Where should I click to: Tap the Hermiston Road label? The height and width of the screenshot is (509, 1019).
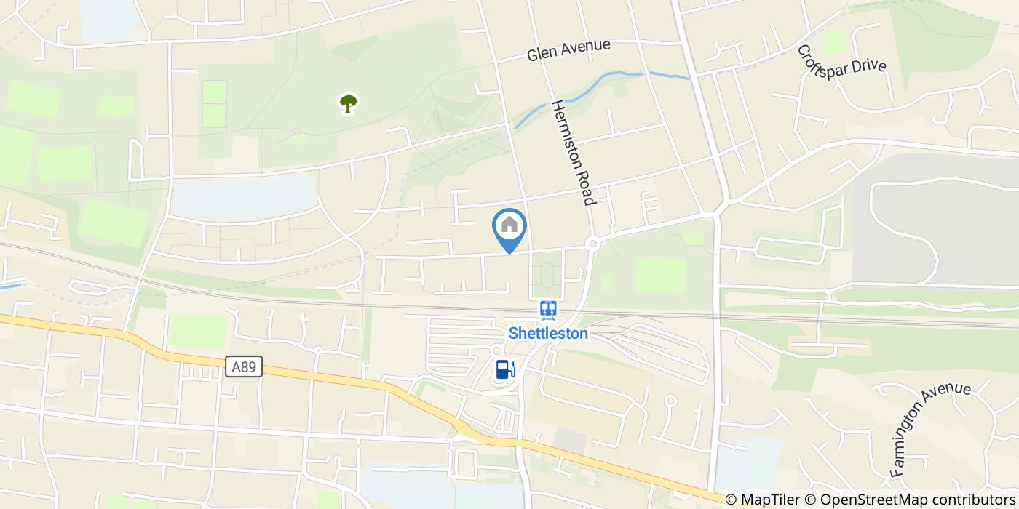coord(574,152)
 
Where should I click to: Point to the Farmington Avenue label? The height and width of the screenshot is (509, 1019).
coord(930,429)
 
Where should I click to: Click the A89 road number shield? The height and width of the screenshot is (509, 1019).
coord(243,366)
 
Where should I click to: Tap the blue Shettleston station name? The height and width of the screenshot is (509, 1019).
coord(547,334)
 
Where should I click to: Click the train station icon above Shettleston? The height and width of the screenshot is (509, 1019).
coord(548,310)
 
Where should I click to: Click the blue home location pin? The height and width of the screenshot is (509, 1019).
coord(509,227)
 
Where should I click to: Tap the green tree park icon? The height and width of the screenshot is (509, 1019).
coord(349,103)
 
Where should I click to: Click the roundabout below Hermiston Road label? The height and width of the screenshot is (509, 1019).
coord(593,244)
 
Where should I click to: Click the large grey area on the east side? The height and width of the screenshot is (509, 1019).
coord(939,218)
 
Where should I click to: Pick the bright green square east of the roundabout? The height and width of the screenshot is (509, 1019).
coord(660,276)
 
